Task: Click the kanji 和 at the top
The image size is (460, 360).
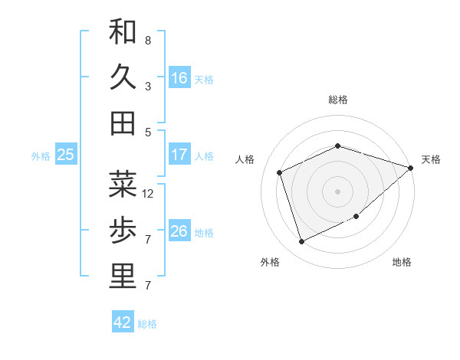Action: coord(123,31)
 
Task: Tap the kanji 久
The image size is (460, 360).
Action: coord(123,77)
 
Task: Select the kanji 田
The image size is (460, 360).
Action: coord(123,123)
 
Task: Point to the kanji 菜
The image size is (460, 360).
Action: coord(123,185)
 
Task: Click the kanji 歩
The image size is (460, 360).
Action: coord(123,231)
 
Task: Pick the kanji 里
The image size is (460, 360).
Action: coord(123,277)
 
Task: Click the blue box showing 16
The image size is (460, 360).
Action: coord(179,78)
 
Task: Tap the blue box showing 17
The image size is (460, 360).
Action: coord(179,155)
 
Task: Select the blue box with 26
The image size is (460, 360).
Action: coord(179,231)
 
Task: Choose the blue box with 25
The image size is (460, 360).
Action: coord(66,155)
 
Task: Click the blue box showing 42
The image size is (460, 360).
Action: coord(123,322)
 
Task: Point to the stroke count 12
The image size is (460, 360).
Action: coord(149,194)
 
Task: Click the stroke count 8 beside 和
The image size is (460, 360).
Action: coord(148,40)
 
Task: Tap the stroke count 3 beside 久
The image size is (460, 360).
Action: coord(148,87)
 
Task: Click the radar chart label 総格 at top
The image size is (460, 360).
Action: coord(338,100)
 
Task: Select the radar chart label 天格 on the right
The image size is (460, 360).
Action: coord(431,159)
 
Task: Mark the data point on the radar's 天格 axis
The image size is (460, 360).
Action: coord(411,168)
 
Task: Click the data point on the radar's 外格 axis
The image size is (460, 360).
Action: coord(302,242)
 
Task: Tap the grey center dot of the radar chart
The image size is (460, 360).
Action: coord(338,191)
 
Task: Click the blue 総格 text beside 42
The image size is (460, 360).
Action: coord(147,324)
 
